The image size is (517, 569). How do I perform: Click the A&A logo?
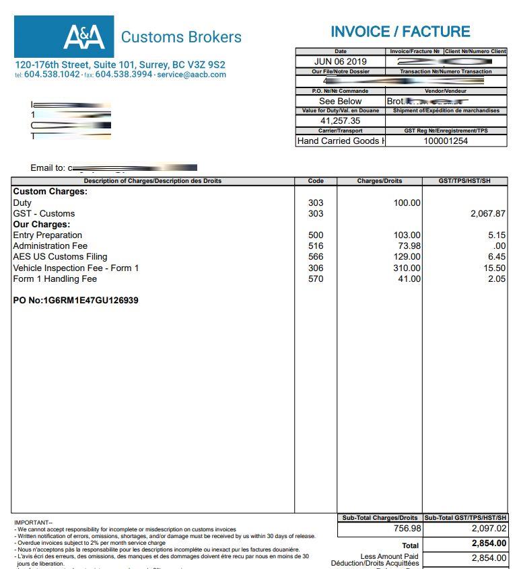pos(84,36)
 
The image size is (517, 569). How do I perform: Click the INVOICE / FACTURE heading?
pos(400,32)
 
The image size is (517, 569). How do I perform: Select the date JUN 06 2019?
pos(341,61)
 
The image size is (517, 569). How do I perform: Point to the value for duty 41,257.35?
pos(340,120)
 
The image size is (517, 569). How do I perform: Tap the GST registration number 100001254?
pos(446,141)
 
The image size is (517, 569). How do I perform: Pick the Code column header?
pos(316,181)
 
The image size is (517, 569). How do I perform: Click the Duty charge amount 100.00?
pos(407,202)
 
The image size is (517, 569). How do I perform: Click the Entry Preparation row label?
pos(48,235)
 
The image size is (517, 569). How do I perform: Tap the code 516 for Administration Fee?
pos(316,245)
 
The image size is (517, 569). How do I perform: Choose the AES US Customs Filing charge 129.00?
pos(407,256)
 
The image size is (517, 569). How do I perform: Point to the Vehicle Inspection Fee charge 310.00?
pos(407,268)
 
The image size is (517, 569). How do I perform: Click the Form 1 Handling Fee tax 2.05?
pos(497,278)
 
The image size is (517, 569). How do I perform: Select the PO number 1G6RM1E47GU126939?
pos(76,300)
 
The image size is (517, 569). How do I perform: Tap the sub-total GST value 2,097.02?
pos(489,529)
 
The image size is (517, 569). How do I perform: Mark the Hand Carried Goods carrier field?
pos(341,141)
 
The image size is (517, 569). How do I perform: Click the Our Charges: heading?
pos(42,224)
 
